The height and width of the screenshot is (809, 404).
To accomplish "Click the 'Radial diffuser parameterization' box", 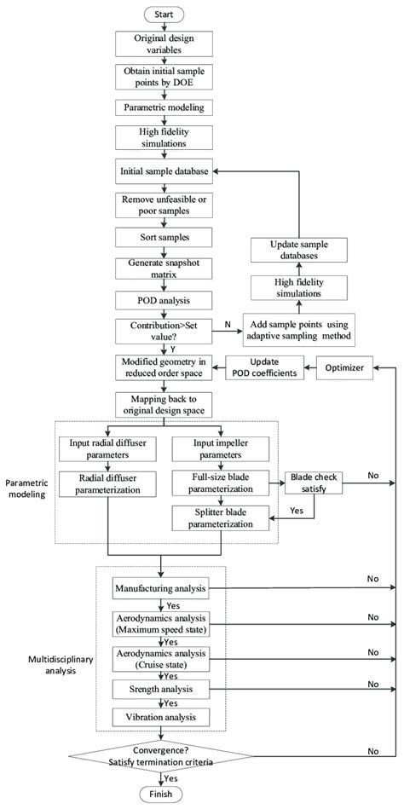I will pyautogui.click(x=109, y=485).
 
